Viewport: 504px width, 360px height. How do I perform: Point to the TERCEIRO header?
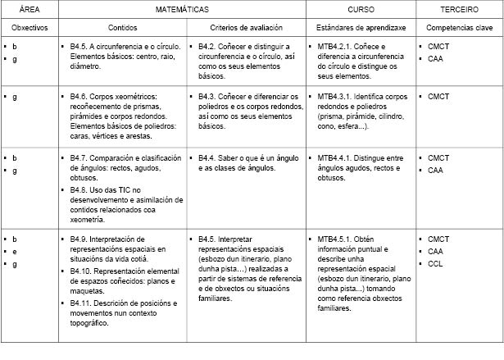[x=459, y=10]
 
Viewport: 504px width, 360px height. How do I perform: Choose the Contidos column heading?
[x=124, y=28]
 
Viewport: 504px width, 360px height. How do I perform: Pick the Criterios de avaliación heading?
[x=246, y=28]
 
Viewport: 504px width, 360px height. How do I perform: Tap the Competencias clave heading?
[x=459, y=28]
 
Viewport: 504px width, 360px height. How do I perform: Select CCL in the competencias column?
[x=435, y=264]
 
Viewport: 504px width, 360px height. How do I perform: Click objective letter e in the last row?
[x=15, y=251]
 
